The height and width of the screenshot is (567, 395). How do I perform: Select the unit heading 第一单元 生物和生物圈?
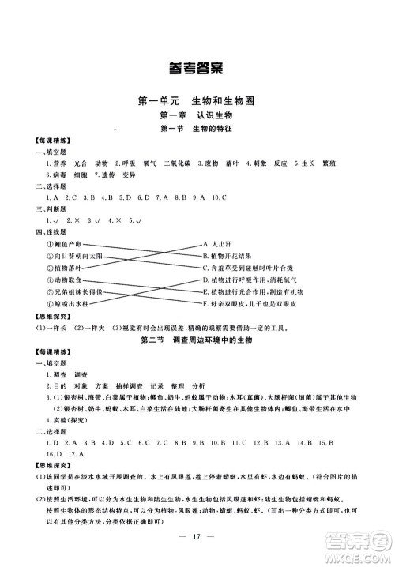(x=196, y=102)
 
